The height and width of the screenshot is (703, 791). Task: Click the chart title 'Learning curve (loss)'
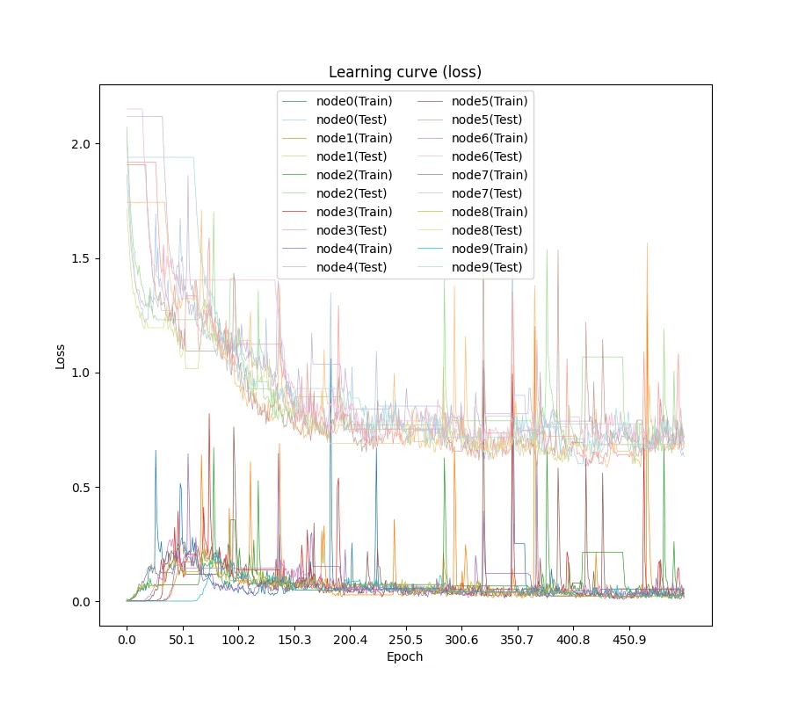[405, 72]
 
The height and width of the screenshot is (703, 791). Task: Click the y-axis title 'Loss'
[61, 356]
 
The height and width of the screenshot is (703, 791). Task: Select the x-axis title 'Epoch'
[405, 656]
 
